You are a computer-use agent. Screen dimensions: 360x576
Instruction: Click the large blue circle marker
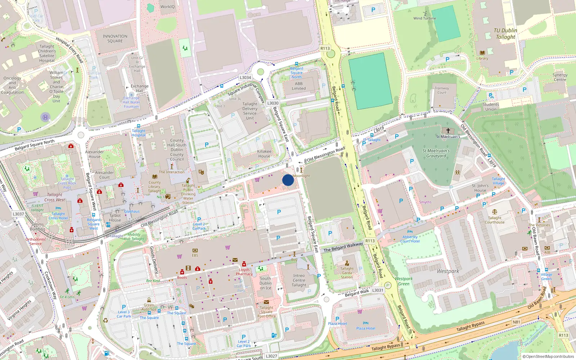click(x=288, y=180)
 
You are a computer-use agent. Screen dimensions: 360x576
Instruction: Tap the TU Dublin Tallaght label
click(x=505, y=33)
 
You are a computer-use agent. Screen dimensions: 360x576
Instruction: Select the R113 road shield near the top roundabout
click(x=325, y=48)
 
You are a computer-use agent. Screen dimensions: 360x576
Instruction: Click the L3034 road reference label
click(x=245, y=77)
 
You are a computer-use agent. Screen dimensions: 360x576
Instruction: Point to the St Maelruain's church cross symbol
click(x=448, y=131)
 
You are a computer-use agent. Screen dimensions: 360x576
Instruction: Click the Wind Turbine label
click(x=424, y=18)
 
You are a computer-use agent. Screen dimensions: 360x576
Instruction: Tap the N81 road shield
click(x=516, y=322)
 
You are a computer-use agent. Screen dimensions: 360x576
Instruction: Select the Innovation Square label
click(x=115, y=39)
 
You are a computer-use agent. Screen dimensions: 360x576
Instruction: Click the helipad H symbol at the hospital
click(x=45, y=117)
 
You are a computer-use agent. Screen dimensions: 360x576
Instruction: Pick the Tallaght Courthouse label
click(x=495, y=220)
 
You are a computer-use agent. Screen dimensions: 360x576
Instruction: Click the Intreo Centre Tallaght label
click(x=299, y=280)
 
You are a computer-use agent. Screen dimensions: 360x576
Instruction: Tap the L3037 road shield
click(x=18, y=214)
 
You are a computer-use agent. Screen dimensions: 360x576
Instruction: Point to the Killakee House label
click(x=264, y=154)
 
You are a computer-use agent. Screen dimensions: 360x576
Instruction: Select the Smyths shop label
click(x=425, y=202)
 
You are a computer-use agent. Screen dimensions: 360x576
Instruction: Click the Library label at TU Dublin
click(x=482, y=58)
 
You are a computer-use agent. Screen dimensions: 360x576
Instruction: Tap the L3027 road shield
click(x=271, y=356)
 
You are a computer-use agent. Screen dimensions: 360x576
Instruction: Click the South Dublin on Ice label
click(x=265, y=283)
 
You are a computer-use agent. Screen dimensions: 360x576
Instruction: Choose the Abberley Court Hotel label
click(x=410, y=239)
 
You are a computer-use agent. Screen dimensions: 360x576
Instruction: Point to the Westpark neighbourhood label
click(x=448, y=271)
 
